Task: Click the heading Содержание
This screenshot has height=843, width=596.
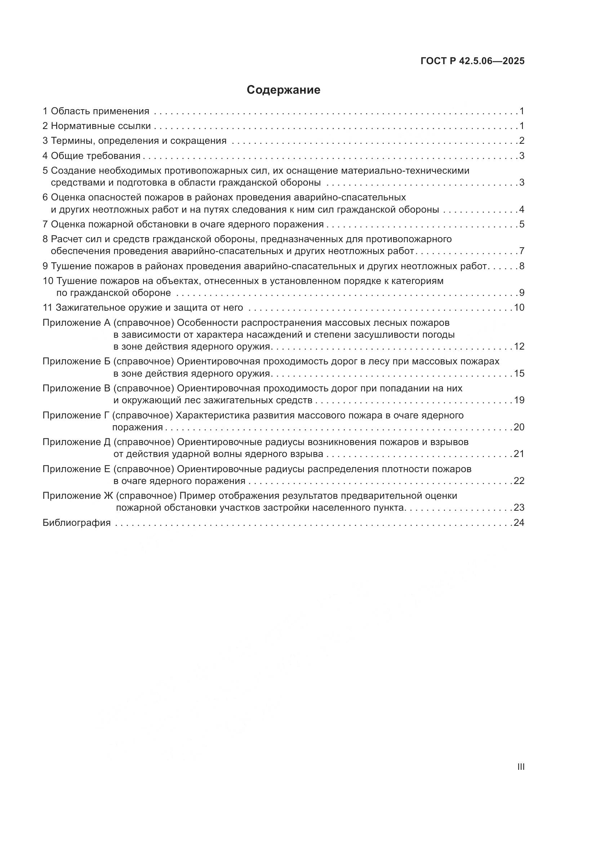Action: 283,90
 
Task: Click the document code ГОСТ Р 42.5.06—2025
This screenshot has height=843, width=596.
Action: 472,61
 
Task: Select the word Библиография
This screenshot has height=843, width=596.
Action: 77,523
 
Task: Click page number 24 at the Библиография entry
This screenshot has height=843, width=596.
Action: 519,523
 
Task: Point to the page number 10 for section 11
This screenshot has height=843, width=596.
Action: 519,307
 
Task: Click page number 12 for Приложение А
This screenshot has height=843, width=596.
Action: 519,346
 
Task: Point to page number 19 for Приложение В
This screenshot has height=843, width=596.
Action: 519,400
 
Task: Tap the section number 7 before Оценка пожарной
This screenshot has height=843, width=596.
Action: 45,224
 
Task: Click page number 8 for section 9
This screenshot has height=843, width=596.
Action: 521,266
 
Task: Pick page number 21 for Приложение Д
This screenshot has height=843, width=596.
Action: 519,454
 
